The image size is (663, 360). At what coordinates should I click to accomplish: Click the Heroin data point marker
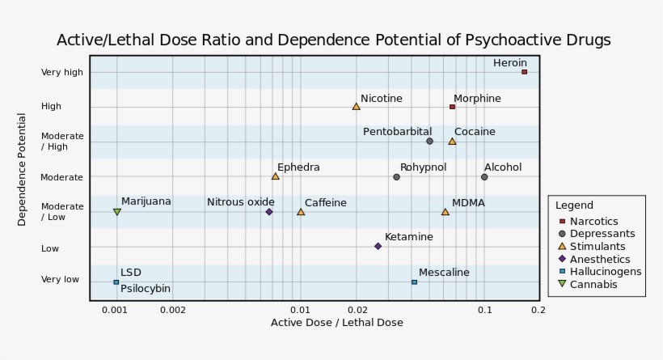[x=524, y=72]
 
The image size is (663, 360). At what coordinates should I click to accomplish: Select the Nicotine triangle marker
[x=356, y=106]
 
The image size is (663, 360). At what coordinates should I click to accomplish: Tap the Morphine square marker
[x=452, y=107]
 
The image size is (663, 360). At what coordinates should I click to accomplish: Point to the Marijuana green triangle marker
[x=116, y=212]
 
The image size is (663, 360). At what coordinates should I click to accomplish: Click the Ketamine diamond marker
[x=378, y=246]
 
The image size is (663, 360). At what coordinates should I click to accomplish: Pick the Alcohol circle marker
[x=484, y=177]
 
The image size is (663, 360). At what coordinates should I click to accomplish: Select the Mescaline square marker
[x=414, y=282]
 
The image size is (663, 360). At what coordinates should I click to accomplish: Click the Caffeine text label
[x=325, y=203]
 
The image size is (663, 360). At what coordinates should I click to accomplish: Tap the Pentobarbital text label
[x=397, y=132]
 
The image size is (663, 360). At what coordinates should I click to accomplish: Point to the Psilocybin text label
[x=146, y=289]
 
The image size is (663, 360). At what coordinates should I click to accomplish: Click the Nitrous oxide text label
[x=241, y=202]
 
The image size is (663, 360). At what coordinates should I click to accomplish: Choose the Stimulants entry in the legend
[x=597, y=247]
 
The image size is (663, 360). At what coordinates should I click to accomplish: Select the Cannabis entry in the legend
[x=593, y=285]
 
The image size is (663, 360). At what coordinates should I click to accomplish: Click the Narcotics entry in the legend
[x=593, y=222]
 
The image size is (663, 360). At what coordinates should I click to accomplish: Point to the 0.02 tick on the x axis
[x=357, y=310]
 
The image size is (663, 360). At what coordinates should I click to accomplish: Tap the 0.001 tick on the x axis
[x=116, y=310]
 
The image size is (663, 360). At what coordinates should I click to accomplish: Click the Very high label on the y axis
[x=62, y=73]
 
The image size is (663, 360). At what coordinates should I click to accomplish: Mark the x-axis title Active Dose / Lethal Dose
[x=336, y=323]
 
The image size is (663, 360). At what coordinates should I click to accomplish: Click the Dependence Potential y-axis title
[x=23, y=169]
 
